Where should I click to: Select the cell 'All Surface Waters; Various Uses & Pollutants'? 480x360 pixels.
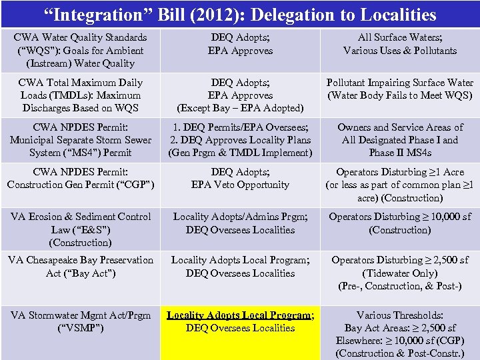point(400,44)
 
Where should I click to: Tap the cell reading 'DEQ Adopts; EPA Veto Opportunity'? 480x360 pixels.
point(240,178)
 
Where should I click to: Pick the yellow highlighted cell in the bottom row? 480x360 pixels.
point(240,333)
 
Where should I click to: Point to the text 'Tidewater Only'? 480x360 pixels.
point(400,273)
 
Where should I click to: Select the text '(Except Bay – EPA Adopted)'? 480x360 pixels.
point(240,108)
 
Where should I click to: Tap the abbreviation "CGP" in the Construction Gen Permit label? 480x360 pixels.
point(137,185)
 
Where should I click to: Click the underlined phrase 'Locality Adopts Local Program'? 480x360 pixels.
point(239,315)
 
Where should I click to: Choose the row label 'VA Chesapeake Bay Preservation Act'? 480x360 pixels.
point(81,267)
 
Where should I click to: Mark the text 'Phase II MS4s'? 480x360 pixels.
point(400,153)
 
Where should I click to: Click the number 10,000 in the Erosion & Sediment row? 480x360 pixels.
point(435,217)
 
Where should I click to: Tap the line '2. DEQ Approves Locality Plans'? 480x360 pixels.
point(240,140)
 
